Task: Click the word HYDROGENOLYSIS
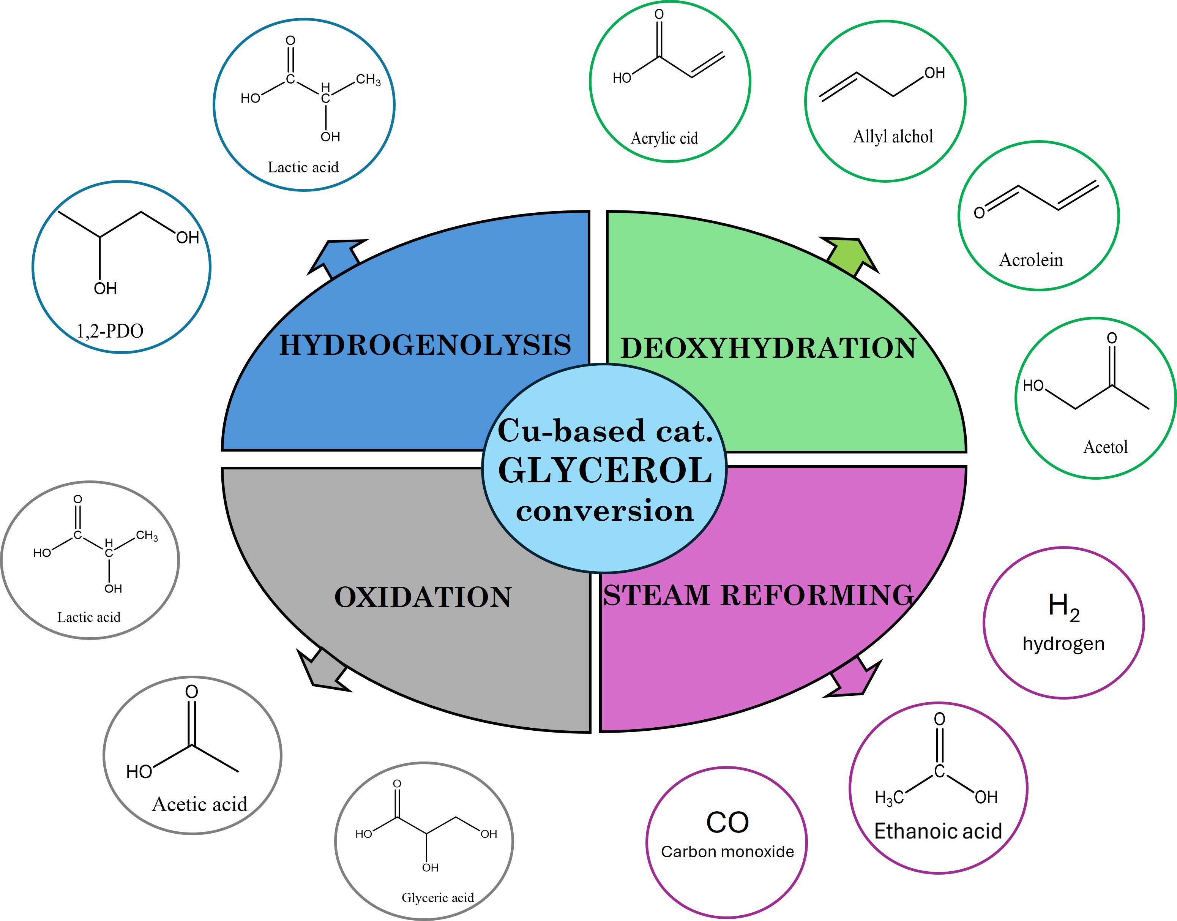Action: tap(424, 345)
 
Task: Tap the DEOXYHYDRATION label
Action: tap(768, 348)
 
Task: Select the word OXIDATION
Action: tap(423, 597)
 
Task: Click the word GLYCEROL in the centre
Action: tap(605, 470)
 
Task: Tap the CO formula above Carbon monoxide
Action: tap(727, 822)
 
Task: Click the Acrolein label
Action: tap(1031, 260)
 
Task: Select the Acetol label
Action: tap(1105, 447)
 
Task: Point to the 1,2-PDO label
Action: tap(110, 330)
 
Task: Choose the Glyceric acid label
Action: tap(438, 898)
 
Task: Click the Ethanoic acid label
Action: tap(938, 831)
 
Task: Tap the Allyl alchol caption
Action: tap(893, 136)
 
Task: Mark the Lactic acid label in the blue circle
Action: tap(303, 167)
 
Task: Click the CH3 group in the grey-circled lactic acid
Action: tap(147, 536)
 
